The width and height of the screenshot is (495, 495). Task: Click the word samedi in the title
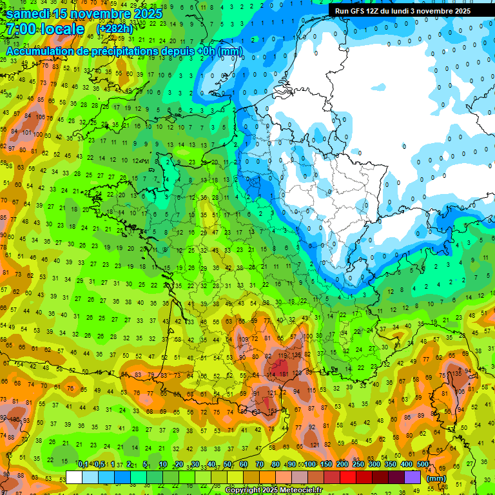tap(30, 14)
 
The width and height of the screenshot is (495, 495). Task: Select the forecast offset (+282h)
tap(116, 29)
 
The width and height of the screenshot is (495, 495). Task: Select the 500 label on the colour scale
tap(422, 465)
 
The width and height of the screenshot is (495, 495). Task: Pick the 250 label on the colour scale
tap(358, 465)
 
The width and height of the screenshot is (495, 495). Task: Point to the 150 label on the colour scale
tap(325, 465)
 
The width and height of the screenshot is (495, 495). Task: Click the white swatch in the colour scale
tap(74, 477)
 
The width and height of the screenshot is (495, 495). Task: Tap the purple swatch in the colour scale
tap(412, 477)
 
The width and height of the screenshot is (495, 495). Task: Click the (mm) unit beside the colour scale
tap(436, 478)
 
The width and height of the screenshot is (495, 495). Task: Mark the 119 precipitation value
tap(283, 356)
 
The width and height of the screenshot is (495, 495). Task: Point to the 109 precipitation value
tap(243, 340)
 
